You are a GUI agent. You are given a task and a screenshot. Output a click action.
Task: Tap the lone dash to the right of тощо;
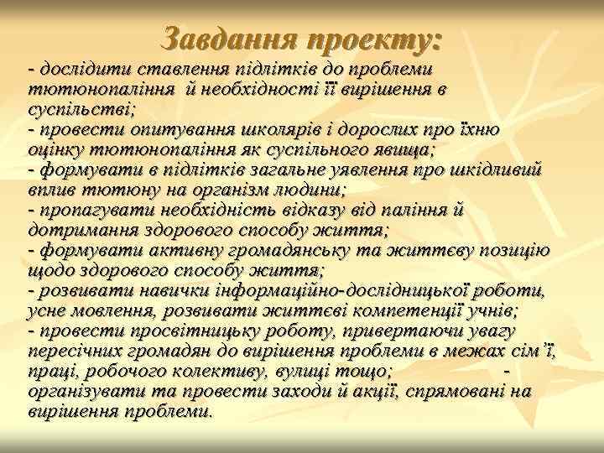pos(505,370)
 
